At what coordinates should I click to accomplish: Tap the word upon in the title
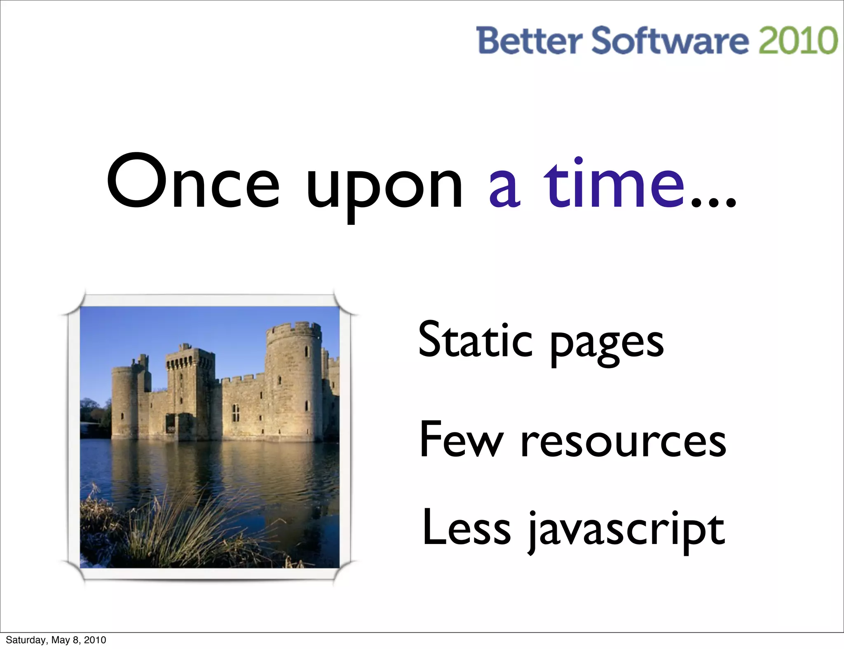click(384, 187)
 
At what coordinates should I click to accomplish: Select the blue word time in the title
click(614, 183)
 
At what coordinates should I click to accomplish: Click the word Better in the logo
click(530, 40)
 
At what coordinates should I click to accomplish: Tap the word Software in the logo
click(670, 40)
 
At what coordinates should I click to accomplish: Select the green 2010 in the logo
click(798, 40)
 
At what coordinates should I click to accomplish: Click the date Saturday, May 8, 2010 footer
click(56, 640)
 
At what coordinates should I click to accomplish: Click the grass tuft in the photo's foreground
click(173, 531)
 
